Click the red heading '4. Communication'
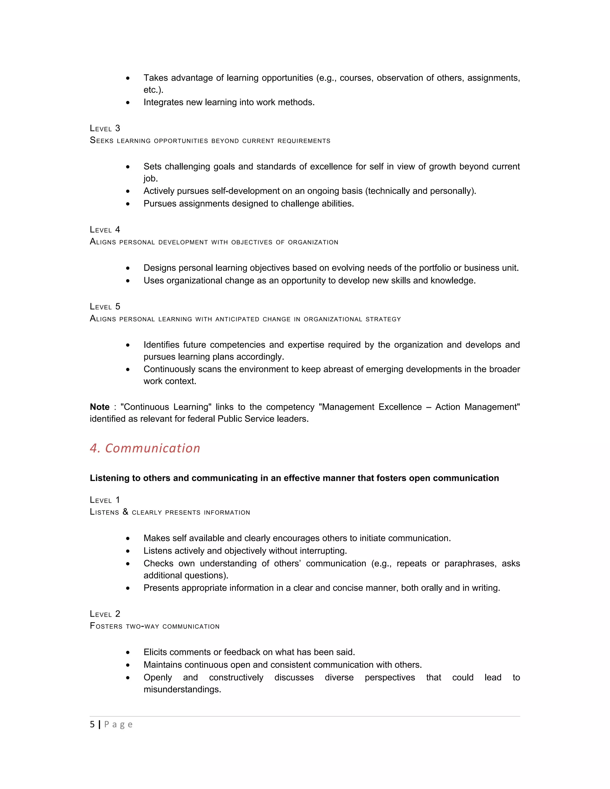pos(145,448)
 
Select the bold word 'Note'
pos(100,407)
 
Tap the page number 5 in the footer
pos(92,724)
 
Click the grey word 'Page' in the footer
pos(118,725)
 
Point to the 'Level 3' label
pos(105,129)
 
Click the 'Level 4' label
pos(105,230)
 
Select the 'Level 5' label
pos(105,307)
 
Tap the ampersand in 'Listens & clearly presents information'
pos(125,512)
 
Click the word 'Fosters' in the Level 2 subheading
pos(106,626)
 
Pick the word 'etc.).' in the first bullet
pos(153,90)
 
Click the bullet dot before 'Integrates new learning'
pos(128,103)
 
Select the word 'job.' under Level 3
pos(151,178)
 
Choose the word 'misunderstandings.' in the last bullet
pos(182,689)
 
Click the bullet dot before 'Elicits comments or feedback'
pos(128,652)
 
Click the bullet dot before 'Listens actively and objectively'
pos(128,551)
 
